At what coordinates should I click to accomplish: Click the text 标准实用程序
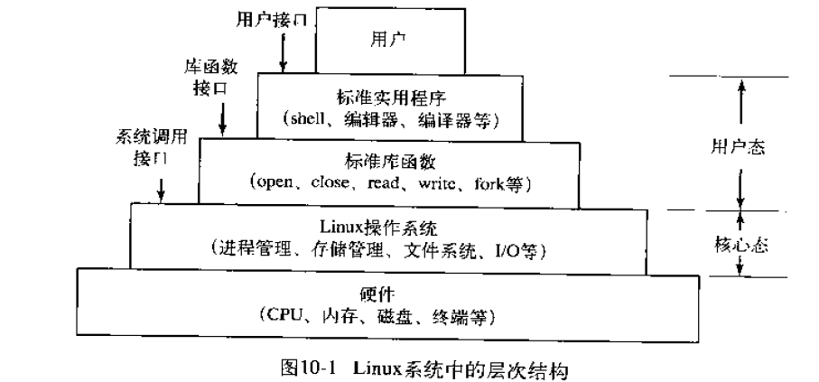tap(390, 96)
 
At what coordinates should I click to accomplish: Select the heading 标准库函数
tap(390, 161)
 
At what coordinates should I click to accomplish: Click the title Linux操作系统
tap(390, 224)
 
